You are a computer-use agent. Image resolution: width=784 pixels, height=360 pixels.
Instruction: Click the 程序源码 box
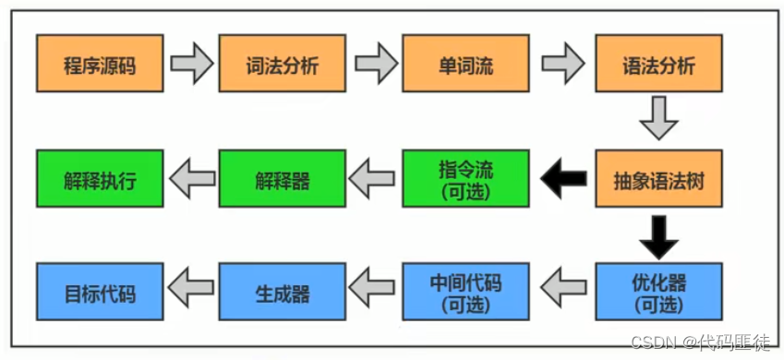pyautogui.click(x=100, y=64)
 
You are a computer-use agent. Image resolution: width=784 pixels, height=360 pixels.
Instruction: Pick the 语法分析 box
pyautogui.click(x=658, y=64)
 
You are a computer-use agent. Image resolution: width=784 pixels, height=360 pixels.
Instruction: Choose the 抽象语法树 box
pyautogui.click(x=658, y=178)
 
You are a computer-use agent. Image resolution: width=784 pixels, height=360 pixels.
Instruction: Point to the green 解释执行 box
pyautogui.click(x=100, y=178)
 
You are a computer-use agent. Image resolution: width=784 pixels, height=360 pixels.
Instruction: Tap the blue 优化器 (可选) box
pyautogui.click(x=658, y=291)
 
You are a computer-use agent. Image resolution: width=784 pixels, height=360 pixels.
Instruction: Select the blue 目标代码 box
pyautogui.click(x=100, y=291)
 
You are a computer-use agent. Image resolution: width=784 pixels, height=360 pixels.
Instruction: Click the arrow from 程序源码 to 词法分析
pyautogui.click(x=191, y=64)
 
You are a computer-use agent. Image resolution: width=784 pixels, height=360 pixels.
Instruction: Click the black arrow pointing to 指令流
pyautogui.click(x=563, y=178)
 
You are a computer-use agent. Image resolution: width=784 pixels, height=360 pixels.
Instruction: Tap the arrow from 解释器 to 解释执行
pyautogui.click(x=191, y=178)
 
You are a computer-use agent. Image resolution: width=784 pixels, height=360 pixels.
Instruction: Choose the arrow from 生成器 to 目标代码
pyautogui.click(x=191, y=291)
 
